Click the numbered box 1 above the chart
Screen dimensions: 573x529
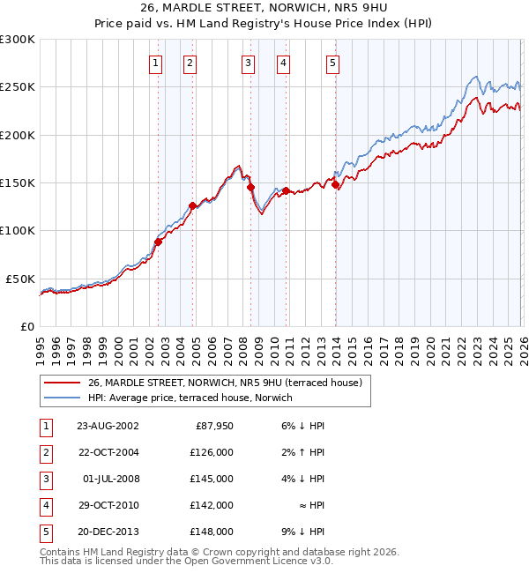click(x=155, y=63)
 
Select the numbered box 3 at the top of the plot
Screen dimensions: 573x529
click(x=248, y=63)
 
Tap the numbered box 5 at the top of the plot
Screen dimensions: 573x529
click(x=332, y=63)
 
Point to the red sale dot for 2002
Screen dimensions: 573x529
click(x=159, y=242)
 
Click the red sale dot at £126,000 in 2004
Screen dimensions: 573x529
click(x=192, y=205)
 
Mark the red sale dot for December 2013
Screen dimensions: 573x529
click(x=335, y=184)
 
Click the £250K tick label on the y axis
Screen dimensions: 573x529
click(x=18, y=87)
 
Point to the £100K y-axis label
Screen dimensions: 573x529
click(x=18, y=231)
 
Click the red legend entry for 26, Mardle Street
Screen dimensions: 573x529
click(x=229, y=383)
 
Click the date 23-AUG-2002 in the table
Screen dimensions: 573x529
click(x=108, y=426)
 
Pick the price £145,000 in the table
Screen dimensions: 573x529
click(x=212, y=479)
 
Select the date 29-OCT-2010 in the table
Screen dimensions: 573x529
click(x=108, y=505)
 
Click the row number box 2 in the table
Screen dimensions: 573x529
click(x=45, y=452)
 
